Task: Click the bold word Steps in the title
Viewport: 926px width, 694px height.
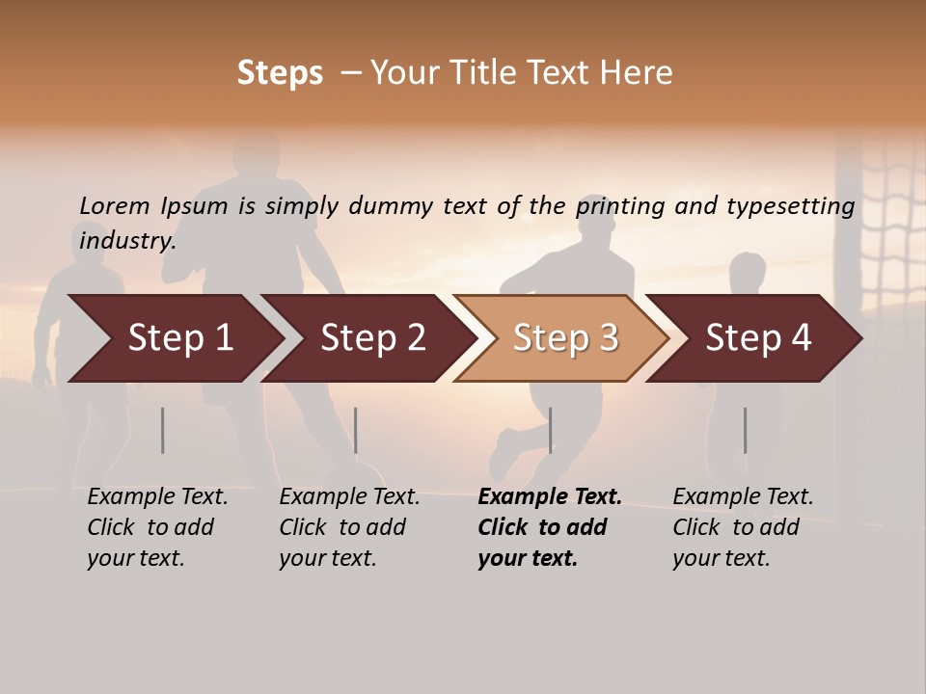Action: [280, 73]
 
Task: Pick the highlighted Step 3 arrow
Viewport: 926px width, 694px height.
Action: [565, 338]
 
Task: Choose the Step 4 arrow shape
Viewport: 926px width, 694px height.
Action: [758, 338]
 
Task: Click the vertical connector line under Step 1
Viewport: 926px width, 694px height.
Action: [163, 430]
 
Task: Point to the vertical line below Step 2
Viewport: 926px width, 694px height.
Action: [356, 430]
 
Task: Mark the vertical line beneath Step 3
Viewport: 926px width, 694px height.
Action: [550, 430]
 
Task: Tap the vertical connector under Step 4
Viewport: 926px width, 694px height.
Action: [745, 430]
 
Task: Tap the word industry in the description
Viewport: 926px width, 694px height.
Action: [127, 240]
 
